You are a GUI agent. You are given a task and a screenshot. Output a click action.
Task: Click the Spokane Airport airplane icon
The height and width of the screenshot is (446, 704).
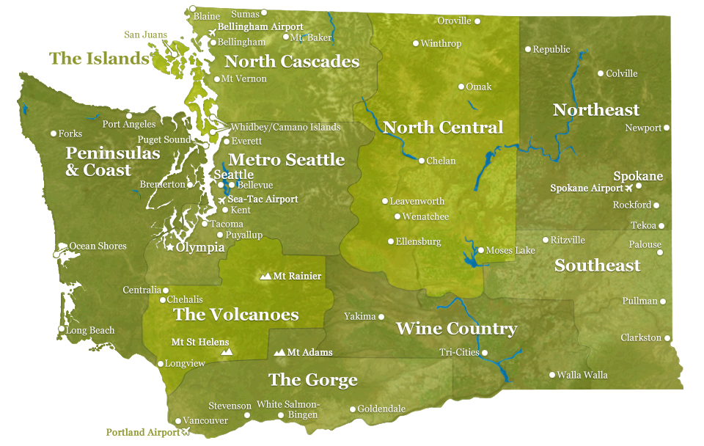pyautogui.click(x=628, y=189)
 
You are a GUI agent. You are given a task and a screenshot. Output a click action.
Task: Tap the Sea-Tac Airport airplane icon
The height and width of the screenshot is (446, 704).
pyautogui.click(x=221, y=200)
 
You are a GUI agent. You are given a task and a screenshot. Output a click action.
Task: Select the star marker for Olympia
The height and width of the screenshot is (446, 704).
pyautogui.click(x=170, y=248)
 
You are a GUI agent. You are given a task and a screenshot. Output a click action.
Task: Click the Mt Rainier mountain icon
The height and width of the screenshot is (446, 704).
pyautogui.click(x=265, y=277)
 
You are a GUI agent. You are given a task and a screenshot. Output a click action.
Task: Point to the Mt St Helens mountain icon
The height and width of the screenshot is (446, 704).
pyautogui.click(x=227, y=353)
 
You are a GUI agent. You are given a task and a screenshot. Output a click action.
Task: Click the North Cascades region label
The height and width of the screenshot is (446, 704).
pyautogui.click(x=292, y=62)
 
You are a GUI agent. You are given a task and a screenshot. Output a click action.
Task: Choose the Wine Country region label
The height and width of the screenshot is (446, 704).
pyautogui.click(x=456, y=329)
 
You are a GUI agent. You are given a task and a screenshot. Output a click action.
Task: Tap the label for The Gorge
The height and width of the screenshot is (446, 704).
pyautogui.click(x=312, y=380)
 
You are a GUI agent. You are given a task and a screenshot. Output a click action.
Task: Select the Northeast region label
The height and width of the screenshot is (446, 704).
pyautogui.click(x=595, y=110)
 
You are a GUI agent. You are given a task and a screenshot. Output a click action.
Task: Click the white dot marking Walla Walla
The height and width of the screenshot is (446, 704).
pyautogui.click(x=552, y=375)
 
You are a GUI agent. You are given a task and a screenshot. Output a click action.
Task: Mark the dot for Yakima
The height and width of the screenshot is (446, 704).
pyautogui.click(x=381, y=317)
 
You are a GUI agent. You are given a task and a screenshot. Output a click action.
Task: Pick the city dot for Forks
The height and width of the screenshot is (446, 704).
pyautogui.click(x=54, y=134)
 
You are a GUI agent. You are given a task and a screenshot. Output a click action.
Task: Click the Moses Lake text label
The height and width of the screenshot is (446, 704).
pyautogui.click(x=510, y=251)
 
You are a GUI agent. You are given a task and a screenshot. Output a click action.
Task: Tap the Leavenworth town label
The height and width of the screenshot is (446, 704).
pyautogui.click(x=417, y=201)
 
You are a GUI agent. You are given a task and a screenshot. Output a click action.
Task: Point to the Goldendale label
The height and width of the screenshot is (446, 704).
pyautogui.click(x=381, y=409)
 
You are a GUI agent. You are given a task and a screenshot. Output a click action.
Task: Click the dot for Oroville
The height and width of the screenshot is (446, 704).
pyautogui.click(x=477, y=21)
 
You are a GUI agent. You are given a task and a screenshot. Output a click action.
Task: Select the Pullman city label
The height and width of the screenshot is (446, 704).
pyautogui.click(x=639, y=301)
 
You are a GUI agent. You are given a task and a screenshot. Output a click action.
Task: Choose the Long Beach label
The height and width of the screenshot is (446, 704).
pyautogui.click(x=90, y=331)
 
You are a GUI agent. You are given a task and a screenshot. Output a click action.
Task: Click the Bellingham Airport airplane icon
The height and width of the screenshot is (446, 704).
pyautogui.click(x=213, y=32)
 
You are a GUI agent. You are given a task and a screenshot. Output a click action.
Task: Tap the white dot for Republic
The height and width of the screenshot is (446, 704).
pyautogui.click(x=527, y=49)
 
